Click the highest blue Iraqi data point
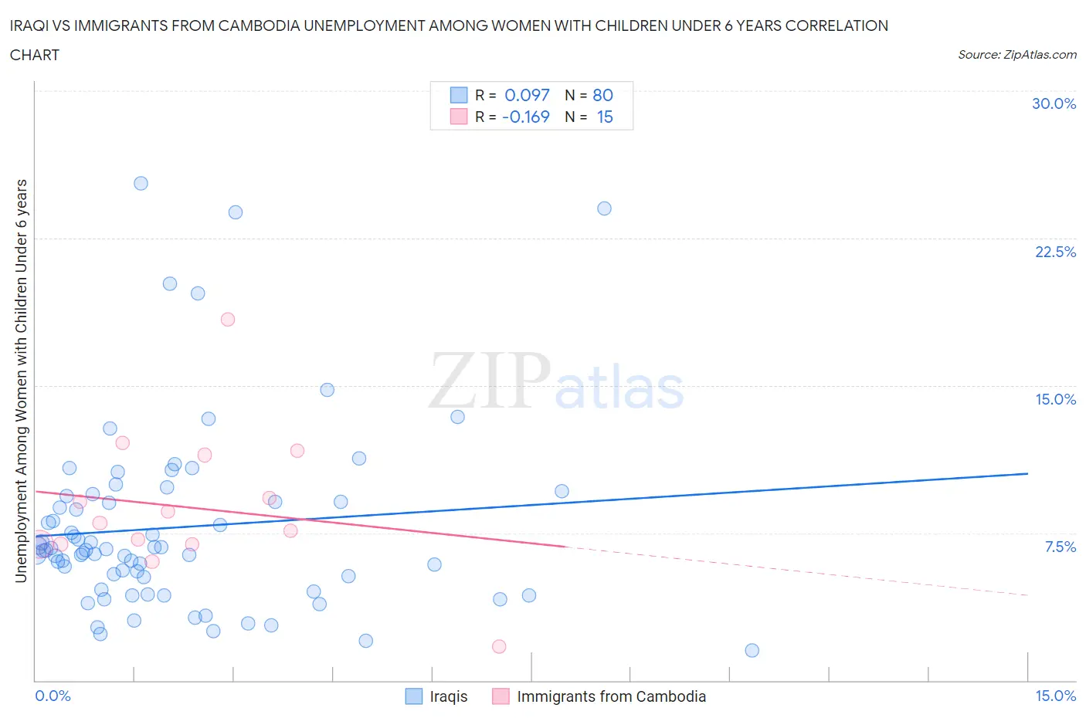[x=141, y=183]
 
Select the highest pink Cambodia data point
[x=227, y=319]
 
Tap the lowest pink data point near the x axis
[x=499, y=646]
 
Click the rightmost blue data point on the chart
[x=752, y=650]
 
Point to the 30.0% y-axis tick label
[x=1054, y=103]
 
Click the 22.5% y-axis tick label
[x=1055, y=252]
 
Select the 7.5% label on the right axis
[x=1060, y=547]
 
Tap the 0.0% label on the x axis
[x=53, y=696]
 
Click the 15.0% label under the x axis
[x=1055, y=696]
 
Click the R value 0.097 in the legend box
[x=527, y=95]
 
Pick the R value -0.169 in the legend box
[x=525, y=117]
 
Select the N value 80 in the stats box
[x=602, y=95]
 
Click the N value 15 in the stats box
[x=604, y=117]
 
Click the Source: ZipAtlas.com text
[x=1016, y=54]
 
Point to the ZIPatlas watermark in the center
[x=556, y=382]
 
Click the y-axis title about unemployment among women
[x=21, y=381]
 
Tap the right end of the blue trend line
[x=1027, y=473]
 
